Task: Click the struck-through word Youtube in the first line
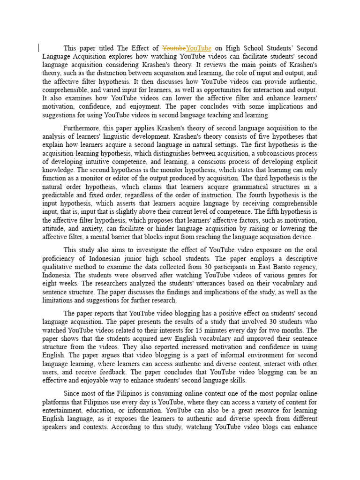174,48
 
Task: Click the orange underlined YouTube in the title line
199,48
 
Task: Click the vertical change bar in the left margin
38,47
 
